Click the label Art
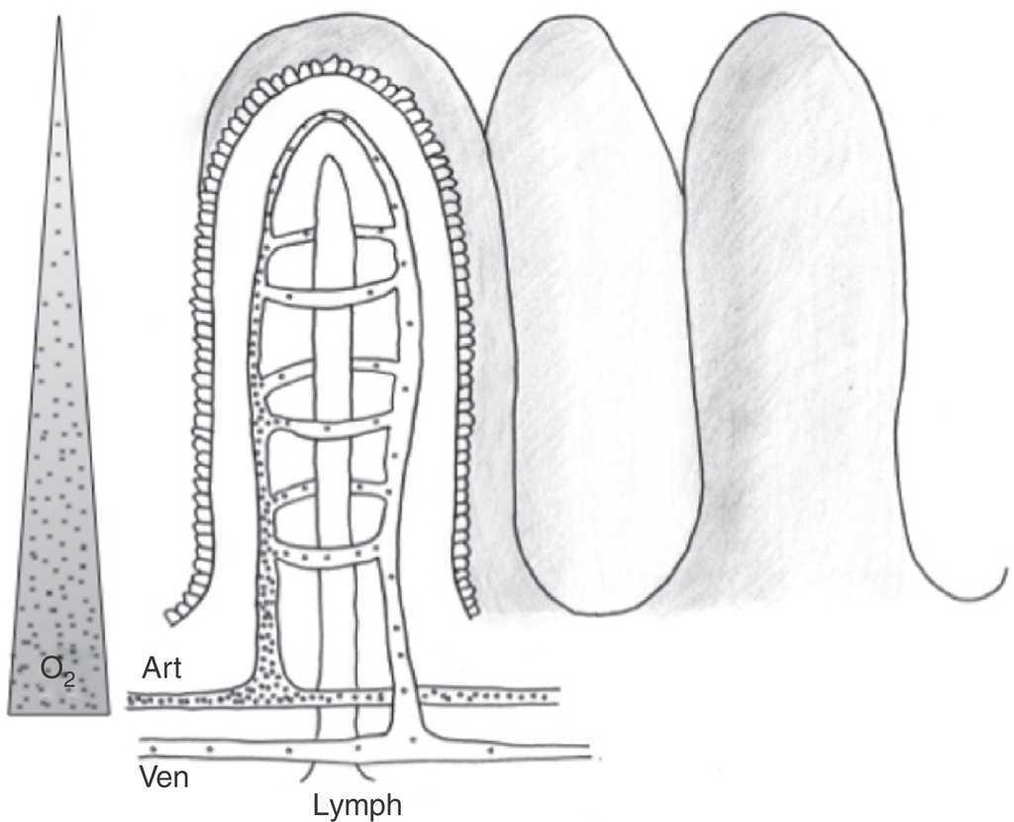click(159, 669)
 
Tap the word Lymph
click(357, 804)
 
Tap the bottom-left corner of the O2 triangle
click(9, 712)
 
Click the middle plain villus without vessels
click(594, 317)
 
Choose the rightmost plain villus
click(792, 317)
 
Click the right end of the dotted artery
click(558, 697)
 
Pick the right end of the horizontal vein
click(588, 753)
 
